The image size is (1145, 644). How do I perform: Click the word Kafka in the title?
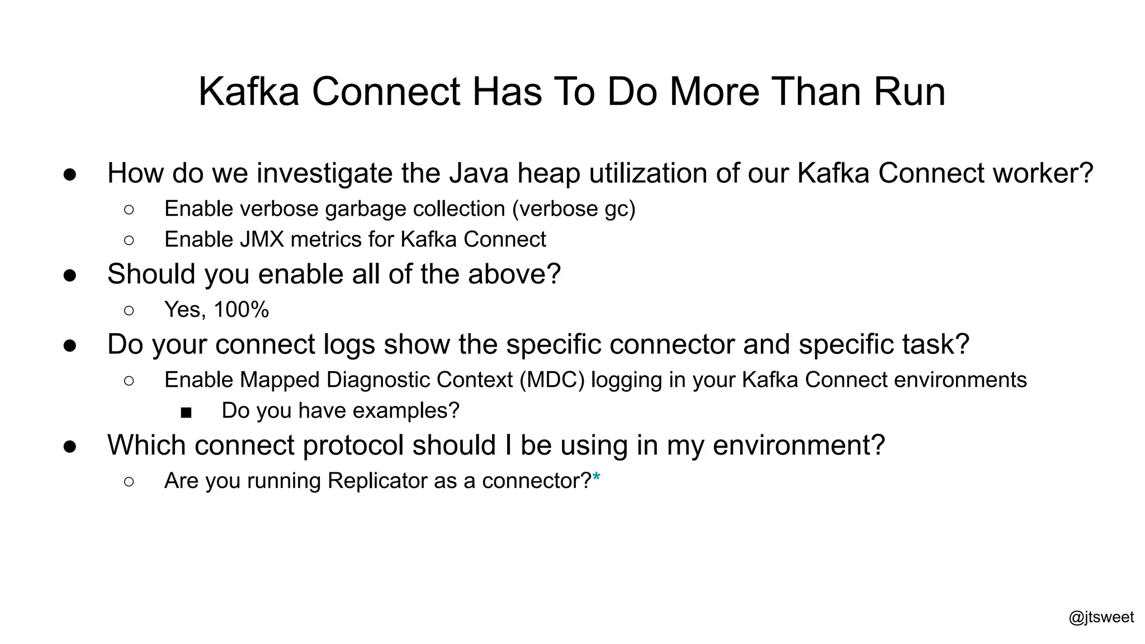[249, 92]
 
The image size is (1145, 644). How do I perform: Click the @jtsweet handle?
[1101, 617]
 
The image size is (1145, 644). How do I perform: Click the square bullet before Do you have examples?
[186, 413]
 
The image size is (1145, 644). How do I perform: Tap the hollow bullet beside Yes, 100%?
[129, 310]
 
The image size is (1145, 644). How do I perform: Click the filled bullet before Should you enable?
[70, 275]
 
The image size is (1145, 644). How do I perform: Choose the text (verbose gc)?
[574, 209]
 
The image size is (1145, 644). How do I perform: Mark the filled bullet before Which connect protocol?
[70, 446]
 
